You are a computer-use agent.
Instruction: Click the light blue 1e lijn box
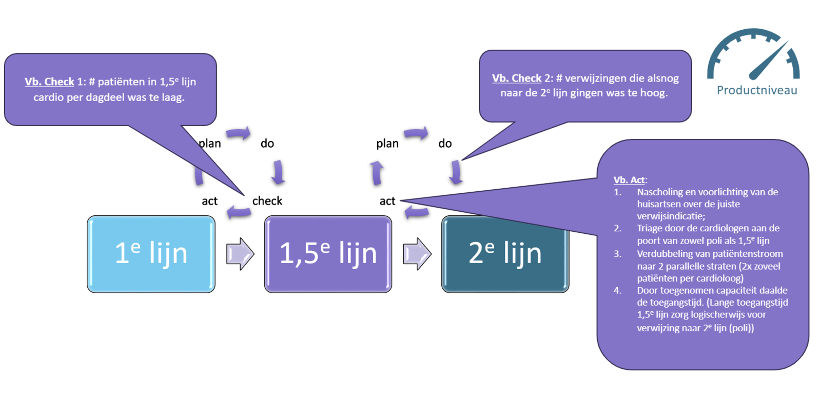(151, 254)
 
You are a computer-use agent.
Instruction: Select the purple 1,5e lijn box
(328, 254)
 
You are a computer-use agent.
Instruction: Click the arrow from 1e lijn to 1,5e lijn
(240, 254)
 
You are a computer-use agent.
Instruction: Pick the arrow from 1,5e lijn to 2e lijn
(417, 254)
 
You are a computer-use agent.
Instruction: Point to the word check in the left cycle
(267, 201)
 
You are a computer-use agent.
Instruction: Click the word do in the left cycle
(267, 144)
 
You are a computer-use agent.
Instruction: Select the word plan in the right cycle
(387, 144)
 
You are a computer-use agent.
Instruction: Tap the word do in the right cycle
(444, 144)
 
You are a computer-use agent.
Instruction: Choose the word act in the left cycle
(209, 201)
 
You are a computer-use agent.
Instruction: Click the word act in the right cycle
(387, 201)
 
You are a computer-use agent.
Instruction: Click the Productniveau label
(756, 91)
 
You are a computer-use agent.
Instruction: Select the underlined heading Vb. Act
(629, 180)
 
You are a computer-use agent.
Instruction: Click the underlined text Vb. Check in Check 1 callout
(49, 82)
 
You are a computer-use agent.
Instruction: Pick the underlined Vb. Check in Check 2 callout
(516, 78)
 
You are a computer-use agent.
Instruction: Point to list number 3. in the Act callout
(617, 254)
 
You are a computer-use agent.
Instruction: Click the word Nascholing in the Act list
(660, 192)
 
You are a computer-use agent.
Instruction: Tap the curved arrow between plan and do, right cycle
(416, 134)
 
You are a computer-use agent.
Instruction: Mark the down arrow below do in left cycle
(278, 172)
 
